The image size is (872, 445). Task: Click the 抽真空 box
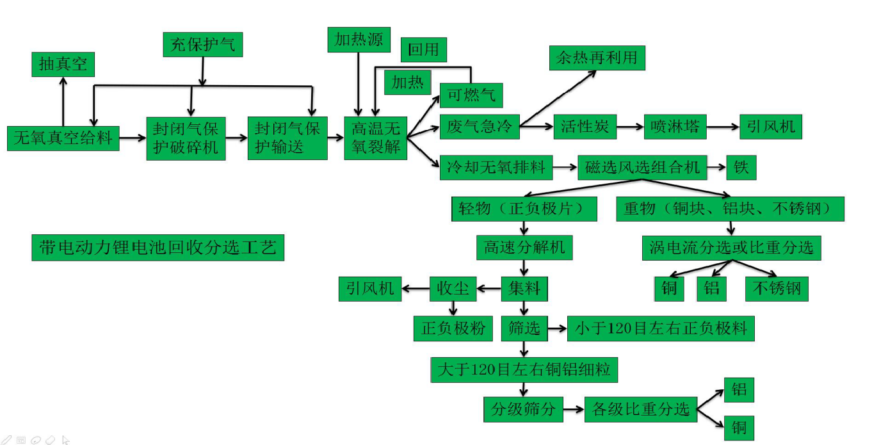pyautogui.click(x=63, y=65)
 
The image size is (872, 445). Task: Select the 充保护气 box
pyautogui.click(x=202, y=44)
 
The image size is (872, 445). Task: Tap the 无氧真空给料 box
pyautogui.click(x=63, y=138)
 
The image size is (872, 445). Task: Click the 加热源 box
pyautogui.click(x=359, y=40)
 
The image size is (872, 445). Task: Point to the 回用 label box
pyautogui.click(x=423, y=49)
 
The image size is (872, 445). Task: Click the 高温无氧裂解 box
pyautogui.click(x=376, y=138)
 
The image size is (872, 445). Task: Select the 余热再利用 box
pyautogui.click(x=597, y=58)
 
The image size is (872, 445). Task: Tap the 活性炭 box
pyautogui.click(x=584, y=126)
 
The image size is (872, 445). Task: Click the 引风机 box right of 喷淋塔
pyautogui.click(x=770, y=126)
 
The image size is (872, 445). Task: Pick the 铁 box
pyautogui.click(x=741, y=168)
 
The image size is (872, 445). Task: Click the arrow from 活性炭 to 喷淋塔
pyautogui.click(x=630, y=127)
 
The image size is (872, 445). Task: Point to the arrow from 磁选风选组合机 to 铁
pyautogui.click(x=717, y=168)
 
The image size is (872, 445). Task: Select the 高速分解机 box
pyautogui.click(x=524, y=247)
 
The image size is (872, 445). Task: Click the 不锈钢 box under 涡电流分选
pyautogui.click(x=777, y=289)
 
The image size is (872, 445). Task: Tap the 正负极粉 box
pyautogui.click(x=453, y=329)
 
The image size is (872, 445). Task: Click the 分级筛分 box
pyautogui.click(x=523, y=409)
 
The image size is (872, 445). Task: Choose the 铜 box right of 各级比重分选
pyautogui.click(x=739, y=427)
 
